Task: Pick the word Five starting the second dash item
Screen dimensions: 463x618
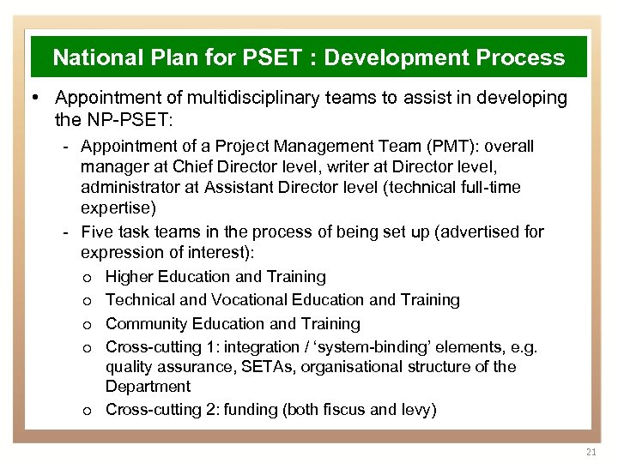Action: [x=97, y=231]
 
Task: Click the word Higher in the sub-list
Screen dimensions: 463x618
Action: [x=129, y=277]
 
